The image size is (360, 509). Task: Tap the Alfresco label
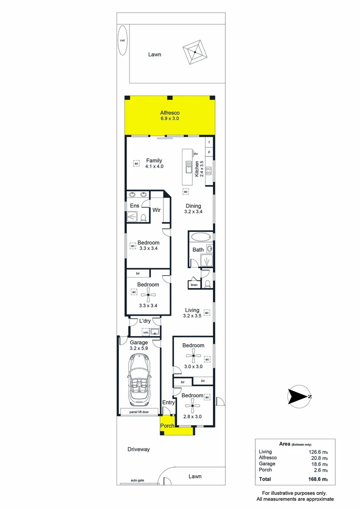click(x=170, y=113)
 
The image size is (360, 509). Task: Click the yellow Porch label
click(x=167, y=426)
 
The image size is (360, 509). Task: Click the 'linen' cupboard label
click(x=194, y=285)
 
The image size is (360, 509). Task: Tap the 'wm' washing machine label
click(x=145, y=332)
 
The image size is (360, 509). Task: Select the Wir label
click(x=156, y=210)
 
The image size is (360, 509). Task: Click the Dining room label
click(x=193, y=206)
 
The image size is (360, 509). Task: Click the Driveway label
click(x=139, y=449)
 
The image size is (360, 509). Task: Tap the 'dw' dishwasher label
click(x=195, y=154)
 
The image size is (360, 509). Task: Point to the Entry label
click(x=168, y=402)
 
